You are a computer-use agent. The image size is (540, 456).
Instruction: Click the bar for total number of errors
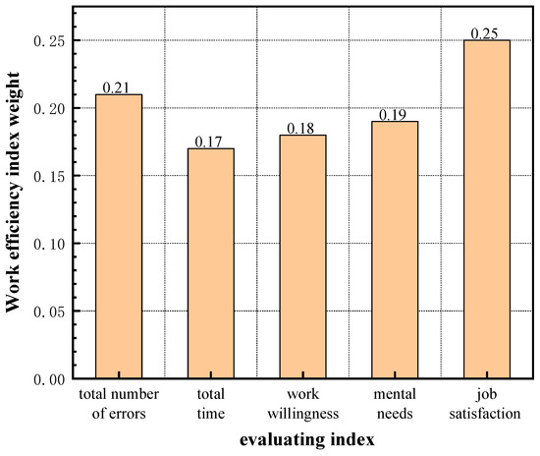coord(118,236)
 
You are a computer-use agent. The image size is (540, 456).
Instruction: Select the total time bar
coord(210,263)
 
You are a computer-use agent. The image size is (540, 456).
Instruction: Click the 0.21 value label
coord(118,86)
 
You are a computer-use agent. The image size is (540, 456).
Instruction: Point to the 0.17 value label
coord(210,141)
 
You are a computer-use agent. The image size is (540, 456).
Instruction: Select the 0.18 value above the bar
coord(301,128)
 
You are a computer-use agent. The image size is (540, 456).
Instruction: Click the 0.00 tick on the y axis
coord(48,378)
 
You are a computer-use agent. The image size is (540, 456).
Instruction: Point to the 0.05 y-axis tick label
coord(48,312)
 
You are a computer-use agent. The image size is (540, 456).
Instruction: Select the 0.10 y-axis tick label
coord(48,244)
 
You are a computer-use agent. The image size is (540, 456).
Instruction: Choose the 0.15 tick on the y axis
coord(48,176)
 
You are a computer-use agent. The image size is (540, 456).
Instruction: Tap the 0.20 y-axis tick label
coord(48,108)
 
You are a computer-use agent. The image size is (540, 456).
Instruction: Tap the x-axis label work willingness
coord(301,405)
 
